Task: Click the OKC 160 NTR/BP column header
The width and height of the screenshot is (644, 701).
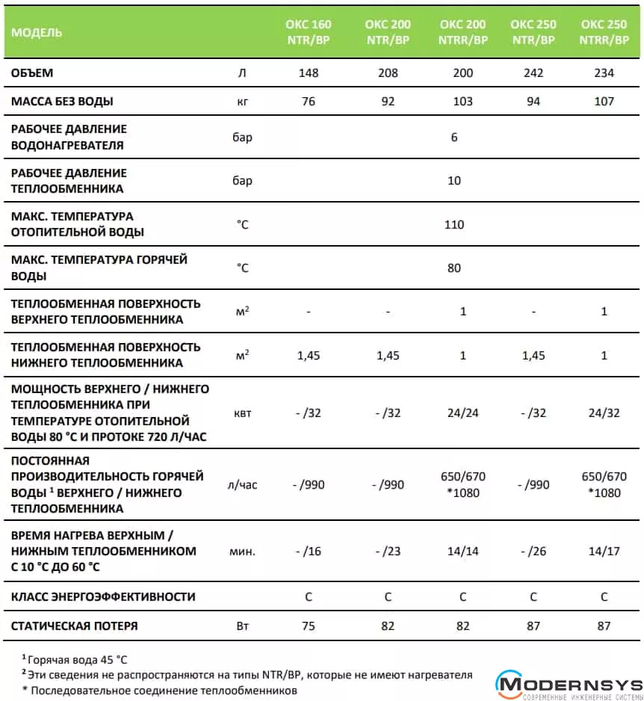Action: click(x=308, y=32)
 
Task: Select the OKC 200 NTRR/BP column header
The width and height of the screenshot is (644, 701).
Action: click(x=463, y=32)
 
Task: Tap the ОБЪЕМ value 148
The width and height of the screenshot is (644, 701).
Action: click(x=308, y=73)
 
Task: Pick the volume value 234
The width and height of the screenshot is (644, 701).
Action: click(x=604, y=73)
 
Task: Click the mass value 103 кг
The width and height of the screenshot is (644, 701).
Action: click(x=463, y=102)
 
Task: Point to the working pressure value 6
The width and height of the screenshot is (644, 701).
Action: click(x=454, y=138)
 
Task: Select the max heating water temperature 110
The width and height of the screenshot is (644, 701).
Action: click(x=454, y=224)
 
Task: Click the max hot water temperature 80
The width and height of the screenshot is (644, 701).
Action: click(x=454, y=268)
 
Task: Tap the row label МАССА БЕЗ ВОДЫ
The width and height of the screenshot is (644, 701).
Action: click(x=63, y=102)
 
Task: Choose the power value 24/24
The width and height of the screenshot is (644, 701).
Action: click(x=463, y=412)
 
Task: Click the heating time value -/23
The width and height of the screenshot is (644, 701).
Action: click(x=388, y=552)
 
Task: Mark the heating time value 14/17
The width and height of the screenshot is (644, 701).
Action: click(x=604, y=552)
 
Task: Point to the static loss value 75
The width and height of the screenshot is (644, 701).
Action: click(x=308, y=626)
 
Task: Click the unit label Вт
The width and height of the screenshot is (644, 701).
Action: click(x=242, y=626)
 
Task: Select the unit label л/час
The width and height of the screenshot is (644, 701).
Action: click(x=242, y=485)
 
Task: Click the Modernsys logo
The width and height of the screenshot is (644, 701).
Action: click(x=569, y=685)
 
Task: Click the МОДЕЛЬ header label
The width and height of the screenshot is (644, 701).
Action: click(x=37, y=32)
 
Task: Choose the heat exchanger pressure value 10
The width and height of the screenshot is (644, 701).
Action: click(x=454, y=181)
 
